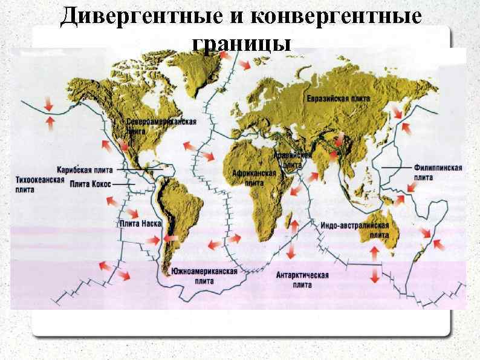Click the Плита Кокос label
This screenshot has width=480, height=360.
[x=90, y=183]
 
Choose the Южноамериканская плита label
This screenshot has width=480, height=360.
[x=204, y=276]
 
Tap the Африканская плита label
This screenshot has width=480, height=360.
[x=254, y=177]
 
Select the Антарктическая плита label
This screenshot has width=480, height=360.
[x=302, y=280]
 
